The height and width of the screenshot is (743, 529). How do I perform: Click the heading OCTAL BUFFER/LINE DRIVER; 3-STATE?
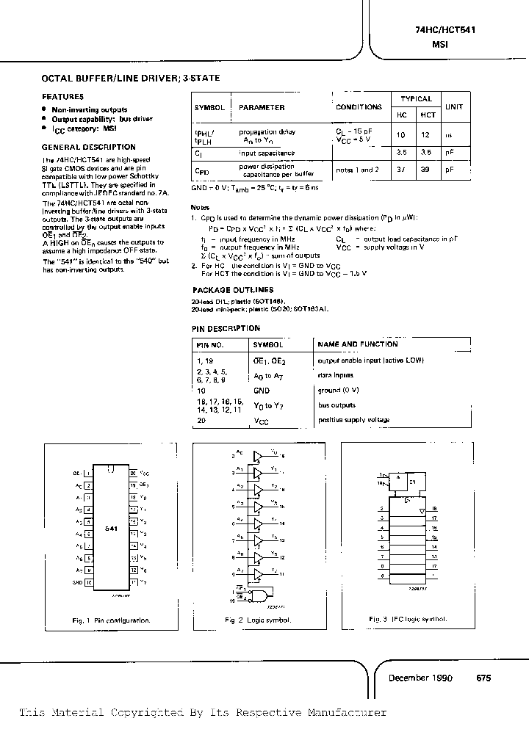pyautogui.click(x=129, y=77)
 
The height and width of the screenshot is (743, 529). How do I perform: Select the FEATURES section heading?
pyautogui.click(x=62, y=96)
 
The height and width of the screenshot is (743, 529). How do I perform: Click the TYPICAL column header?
pyautogui.click(x=416, y=98)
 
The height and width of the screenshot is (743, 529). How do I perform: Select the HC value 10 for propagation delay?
pyautogui.click(x=401, y=135)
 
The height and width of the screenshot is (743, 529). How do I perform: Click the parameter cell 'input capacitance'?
pyautogui.click(x=267, y=153)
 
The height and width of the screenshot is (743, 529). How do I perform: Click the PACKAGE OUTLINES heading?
pyautogui.click(x=232, y=290)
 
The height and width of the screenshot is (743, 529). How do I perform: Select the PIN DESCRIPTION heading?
pyautogui.click(x=226, y=328)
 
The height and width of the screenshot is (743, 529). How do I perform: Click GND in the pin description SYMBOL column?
pyautogui.click(x=262, y=391)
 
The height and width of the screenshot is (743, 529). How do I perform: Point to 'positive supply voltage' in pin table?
pyautogui.click(x=353, y=420)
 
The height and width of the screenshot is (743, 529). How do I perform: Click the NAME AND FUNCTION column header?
pyautogui.click(x=358, y=344)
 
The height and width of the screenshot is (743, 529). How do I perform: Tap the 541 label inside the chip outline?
pyautogui.click(x=110, y=528)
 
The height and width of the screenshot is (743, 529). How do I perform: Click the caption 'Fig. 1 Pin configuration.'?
pyautogui.click(x=111, y=620)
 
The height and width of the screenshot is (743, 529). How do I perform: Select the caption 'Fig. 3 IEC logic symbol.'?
pyautogui.click(x=408, y=619)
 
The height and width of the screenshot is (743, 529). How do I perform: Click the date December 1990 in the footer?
pyautogui.click(x=420, y=678)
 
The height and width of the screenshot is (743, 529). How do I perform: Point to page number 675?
pyautogui.click(x=483, y=678)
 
